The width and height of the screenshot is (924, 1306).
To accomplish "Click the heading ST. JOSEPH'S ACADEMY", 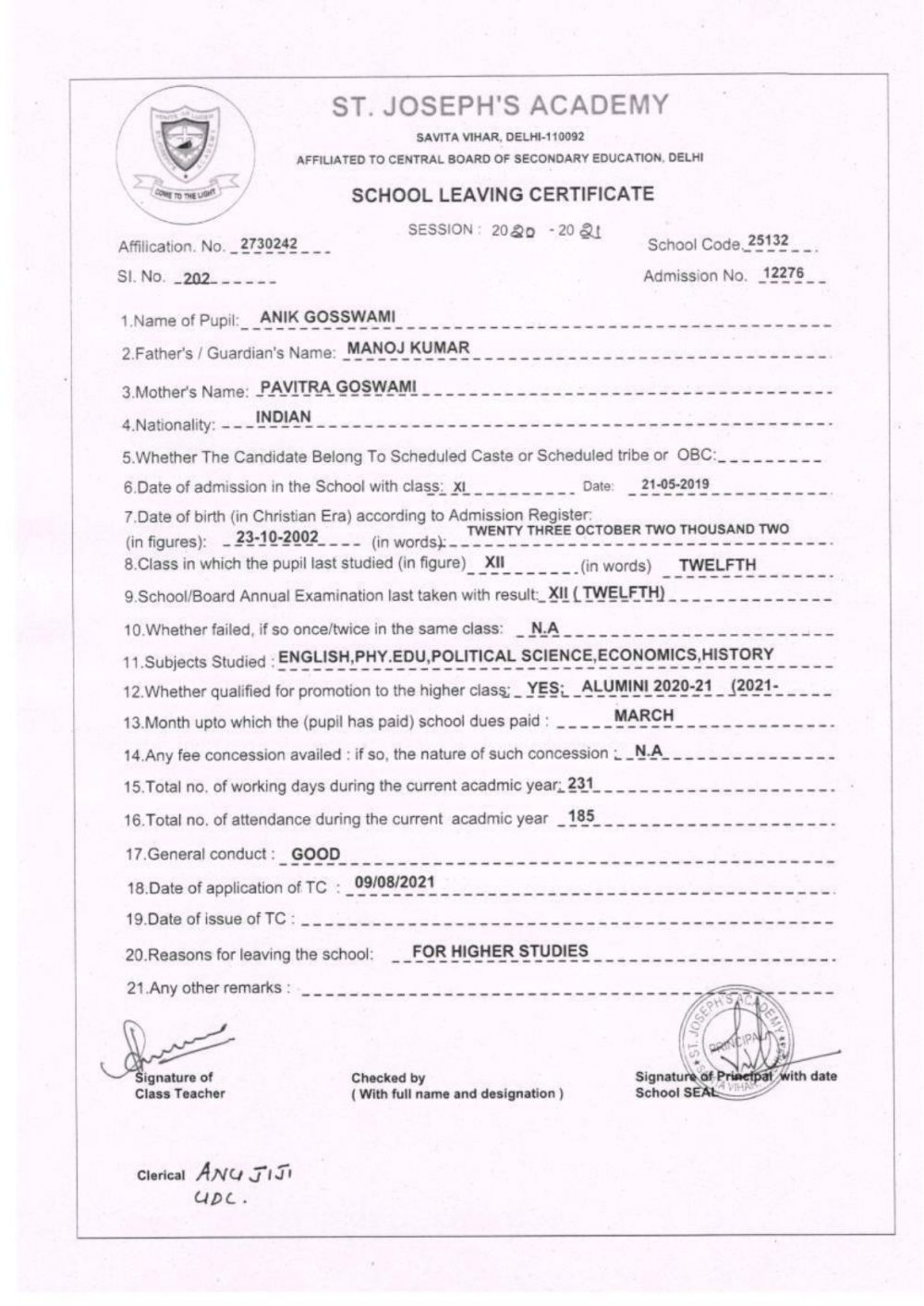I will point(500,105).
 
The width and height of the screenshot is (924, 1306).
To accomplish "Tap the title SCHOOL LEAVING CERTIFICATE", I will point(503,194).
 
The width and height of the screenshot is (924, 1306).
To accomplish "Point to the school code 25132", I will point(768,241).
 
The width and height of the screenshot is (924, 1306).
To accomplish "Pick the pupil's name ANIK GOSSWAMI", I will point(327,317).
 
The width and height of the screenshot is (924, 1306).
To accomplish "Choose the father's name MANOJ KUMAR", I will point(407,348).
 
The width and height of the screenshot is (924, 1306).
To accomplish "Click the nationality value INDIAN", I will point(284,417).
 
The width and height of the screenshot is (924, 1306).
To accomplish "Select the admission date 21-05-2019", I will point(675,483).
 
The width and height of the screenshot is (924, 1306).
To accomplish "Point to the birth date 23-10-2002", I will point(277,537).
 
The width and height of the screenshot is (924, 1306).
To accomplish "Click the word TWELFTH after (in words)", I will point(717,564).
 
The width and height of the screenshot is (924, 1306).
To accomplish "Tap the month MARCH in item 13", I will point(644,715).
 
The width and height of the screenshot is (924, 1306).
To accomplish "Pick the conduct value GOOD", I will point(316,854).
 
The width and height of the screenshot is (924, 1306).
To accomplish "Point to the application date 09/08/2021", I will point(395,882).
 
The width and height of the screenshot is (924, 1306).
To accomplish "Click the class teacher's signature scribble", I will point(166,1047).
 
